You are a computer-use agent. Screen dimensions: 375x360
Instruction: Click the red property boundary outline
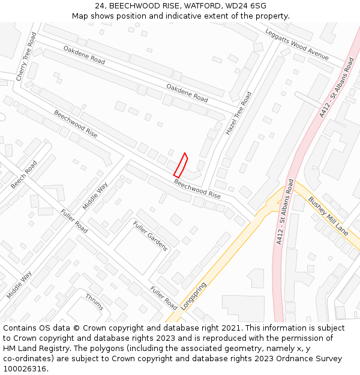point(181,165)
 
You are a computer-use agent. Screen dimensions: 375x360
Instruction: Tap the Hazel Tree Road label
point(238,113)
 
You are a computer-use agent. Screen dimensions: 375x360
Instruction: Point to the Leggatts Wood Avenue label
point(296,44)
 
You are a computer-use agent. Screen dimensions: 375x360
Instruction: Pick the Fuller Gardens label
point(150,236)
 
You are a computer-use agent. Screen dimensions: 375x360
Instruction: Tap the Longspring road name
point(193,296)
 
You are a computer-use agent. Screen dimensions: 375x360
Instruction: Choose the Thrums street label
point(94,302)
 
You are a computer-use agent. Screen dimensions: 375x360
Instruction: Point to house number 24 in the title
point(100,5)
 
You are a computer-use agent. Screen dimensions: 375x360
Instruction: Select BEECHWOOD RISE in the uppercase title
point(142,5)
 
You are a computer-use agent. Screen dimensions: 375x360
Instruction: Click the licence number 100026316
point(23,369)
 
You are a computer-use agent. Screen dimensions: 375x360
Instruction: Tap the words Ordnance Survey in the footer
point(311,359)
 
